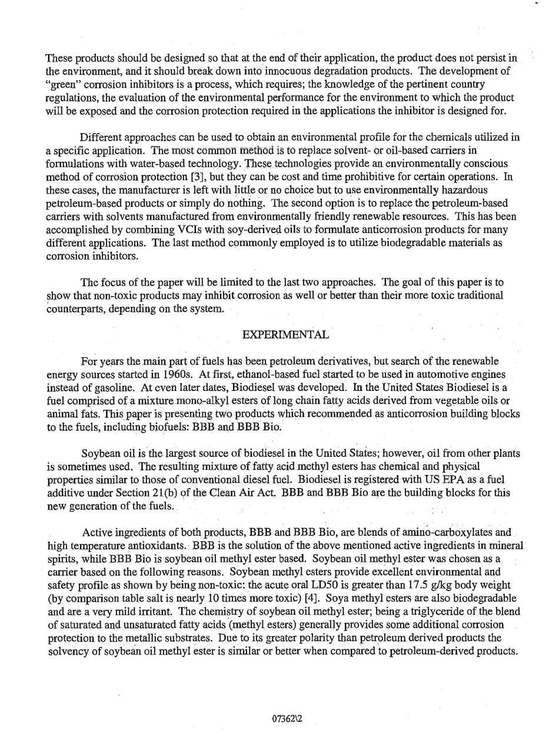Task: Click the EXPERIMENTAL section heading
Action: tap(285, 334)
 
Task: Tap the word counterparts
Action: tap(76, 309)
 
